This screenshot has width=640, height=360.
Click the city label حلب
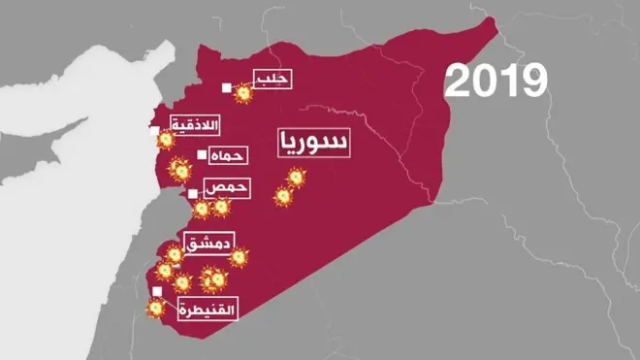tap(271, 79)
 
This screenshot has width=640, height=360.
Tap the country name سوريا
tap(312, 143)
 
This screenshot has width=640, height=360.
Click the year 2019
tap(496, 82)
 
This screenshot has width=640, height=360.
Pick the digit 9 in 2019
tap(531, 82)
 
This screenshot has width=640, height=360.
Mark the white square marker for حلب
tap(226, 88)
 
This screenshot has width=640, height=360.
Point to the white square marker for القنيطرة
tap(156, 290)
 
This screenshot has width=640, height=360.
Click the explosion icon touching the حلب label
tap(243, 92)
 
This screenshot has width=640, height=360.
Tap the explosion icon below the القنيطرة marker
tap(154, 310)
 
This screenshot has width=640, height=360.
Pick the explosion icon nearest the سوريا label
tap(296, 178)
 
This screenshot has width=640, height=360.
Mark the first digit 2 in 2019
tap(459, 82)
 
